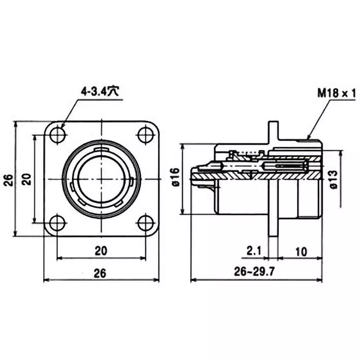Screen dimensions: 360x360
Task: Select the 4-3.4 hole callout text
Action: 99,91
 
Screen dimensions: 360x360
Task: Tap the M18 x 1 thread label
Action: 337,94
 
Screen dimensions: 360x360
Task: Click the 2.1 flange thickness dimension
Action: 254,251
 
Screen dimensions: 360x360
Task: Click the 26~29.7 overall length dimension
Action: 256,271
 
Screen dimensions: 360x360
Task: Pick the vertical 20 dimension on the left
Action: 27,179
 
